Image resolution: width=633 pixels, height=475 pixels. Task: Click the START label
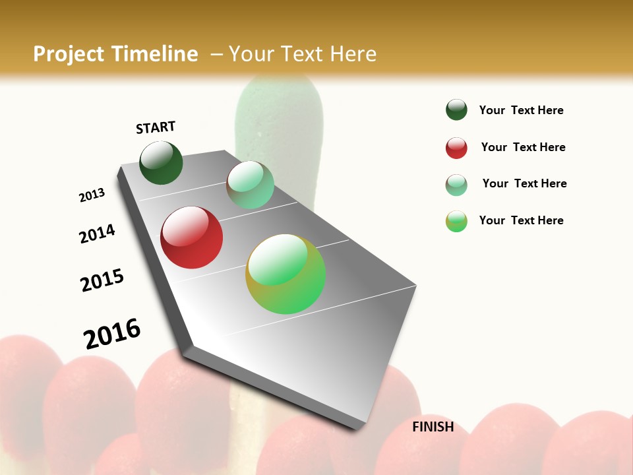(x=156, y=127)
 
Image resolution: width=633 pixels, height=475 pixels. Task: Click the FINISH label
(x=433, y=427)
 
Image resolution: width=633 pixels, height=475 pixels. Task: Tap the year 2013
(x=92, y=195)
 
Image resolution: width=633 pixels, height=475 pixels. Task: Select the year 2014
(x=97, y=234)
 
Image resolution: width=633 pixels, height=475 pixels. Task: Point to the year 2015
(x=102, y=280)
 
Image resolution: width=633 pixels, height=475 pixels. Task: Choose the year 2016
(x=112, y=334)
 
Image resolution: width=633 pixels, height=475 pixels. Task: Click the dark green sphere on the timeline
(x=161, y=163)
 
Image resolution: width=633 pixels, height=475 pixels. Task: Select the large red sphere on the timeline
(x=192, y=237)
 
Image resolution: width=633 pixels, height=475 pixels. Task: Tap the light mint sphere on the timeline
(x=250, y=185)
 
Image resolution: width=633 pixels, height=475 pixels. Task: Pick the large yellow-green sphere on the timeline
(x=286, y=274)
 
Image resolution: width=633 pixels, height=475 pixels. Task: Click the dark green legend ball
(x=456, y=110)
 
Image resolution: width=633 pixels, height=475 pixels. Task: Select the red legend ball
(x=456, y=148)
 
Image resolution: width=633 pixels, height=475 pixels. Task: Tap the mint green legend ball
(x=456, y=185)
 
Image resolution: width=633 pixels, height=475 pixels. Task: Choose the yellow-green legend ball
(x=456, y=221)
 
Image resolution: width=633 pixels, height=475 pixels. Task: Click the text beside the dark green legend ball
(x=521, y=110)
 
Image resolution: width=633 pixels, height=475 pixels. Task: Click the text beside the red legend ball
(x=523, y=147)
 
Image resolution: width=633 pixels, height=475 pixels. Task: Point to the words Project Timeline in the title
(x=115, y=54)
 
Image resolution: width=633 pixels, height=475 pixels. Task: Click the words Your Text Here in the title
(x=303, y=54)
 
